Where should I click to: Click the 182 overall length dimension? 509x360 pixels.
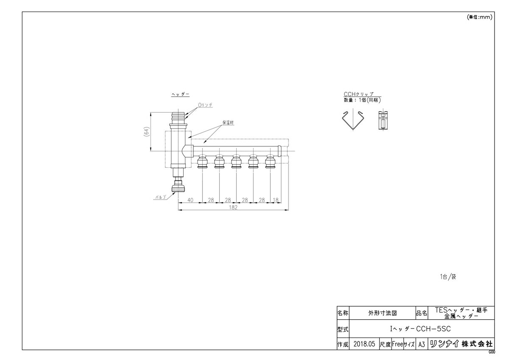[233, 208]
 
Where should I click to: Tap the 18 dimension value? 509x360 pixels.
[276, 200]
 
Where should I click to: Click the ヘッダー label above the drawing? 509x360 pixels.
[180, 94]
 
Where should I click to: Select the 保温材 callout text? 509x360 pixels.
[229, 122]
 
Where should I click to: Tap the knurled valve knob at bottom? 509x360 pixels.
[178, 187]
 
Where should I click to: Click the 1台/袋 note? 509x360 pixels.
[447, 277]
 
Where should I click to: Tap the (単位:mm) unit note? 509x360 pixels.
[479, 17]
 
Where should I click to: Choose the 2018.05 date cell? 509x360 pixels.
[364, 344]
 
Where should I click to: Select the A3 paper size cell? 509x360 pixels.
[421, 344]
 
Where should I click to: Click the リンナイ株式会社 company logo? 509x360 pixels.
[461, 344]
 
